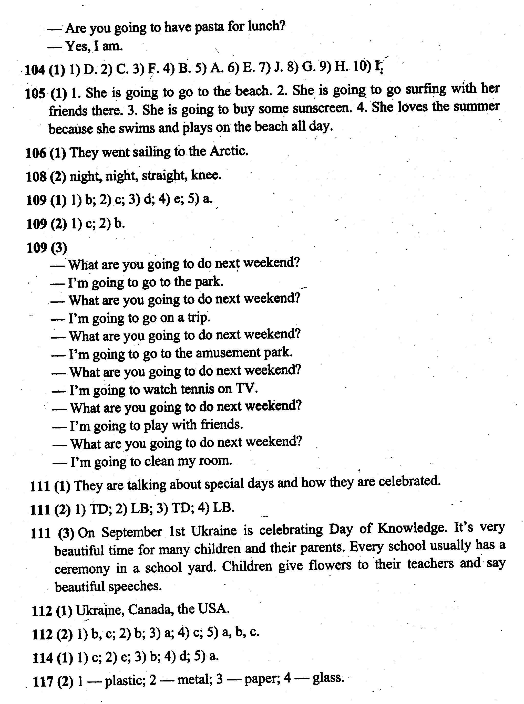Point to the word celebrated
pos(410,481)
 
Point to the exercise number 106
pos(36,153)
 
